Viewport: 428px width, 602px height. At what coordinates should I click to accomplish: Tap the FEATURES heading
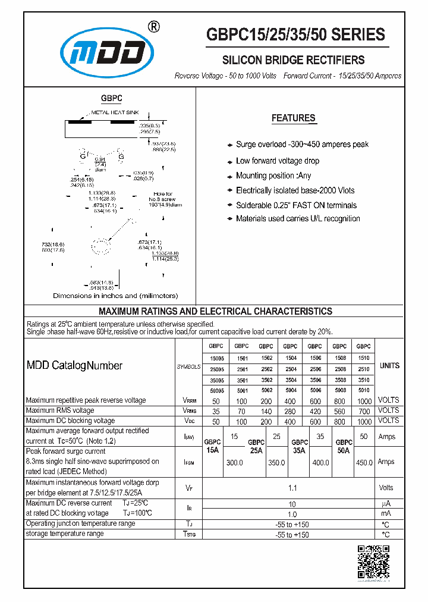293,118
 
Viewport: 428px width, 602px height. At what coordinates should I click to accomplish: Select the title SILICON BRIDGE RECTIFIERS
293,60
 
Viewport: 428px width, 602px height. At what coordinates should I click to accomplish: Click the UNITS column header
389,366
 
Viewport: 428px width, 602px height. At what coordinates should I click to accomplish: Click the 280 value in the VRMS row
290,411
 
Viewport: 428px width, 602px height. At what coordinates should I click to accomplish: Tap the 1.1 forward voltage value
292,488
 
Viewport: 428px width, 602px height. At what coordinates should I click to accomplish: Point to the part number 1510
363,359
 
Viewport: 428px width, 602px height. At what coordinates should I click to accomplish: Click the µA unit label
386,503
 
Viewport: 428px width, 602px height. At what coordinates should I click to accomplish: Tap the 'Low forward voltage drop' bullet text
277,161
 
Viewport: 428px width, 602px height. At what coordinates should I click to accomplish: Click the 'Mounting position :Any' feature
273,175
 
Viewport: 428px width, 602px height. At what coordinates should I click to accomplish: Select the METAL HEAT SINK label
116,112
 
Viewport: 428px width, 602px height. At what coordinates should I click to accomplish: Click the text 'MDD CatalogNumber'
74,366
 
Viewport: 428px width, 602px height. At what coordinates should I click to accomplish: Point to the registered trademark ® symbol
152,26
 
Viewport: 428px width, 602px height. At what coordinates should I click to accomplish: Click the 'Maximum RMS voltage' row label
60,410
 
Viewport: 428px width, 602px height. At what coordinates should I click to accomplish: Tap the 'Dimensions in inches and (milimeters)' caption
115,296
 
